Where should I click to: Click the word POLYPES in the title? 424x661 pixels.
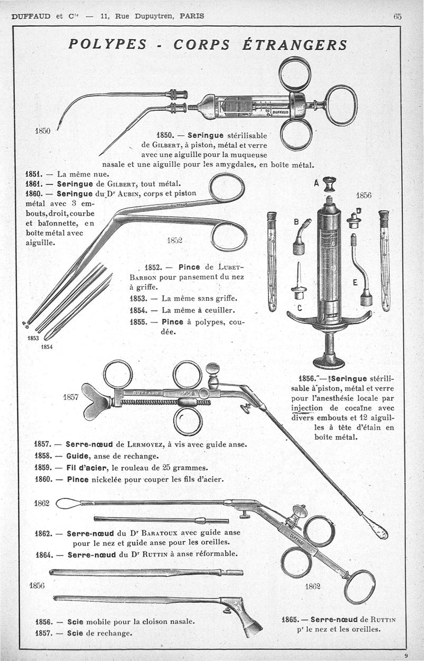pyautogui.click(x=107, y=44)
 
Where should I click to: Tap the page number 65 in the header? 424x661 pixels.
pyautogui.click(x=397, y=16)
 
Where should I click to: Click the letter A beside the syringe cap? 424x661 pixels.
pyautogui.click(x=316, y=183)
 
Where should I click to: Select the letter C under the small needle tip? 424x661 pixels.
pyautogui.click(x=299, y=307)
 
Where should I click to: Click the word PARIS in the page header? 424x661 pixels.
pyautogui.click(x=192, y=16)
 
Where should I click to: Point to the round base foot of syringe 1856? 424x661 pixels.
pyautogui.click(x=329, y=362)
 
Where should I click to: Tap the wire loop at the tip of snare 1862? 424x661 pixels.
pyautogui.click(x=67, y=503)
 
